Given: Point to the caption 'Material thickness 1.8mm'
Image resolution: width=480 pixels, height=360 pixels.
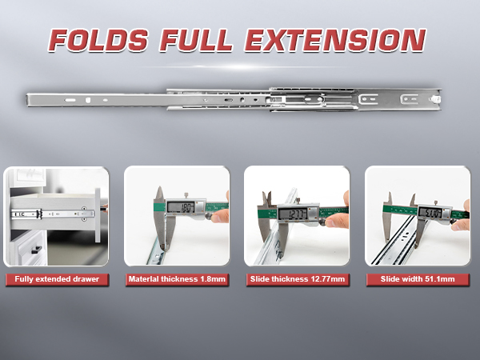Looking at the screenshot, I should coord(176,279).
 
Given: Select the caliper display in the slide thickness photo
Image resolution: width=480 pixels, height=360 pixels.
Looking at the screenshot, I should coord(298,214).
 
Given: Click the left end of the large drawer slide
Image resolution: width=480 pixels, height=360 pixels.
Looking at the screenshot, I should coord(32,100).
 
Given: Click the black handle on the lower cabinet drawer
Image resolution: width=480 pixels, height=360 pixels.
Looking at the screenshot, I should coord(35,252).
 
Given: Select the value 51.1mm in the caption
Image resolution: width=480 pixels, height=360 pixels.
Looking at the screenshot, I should coord(438,279).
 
